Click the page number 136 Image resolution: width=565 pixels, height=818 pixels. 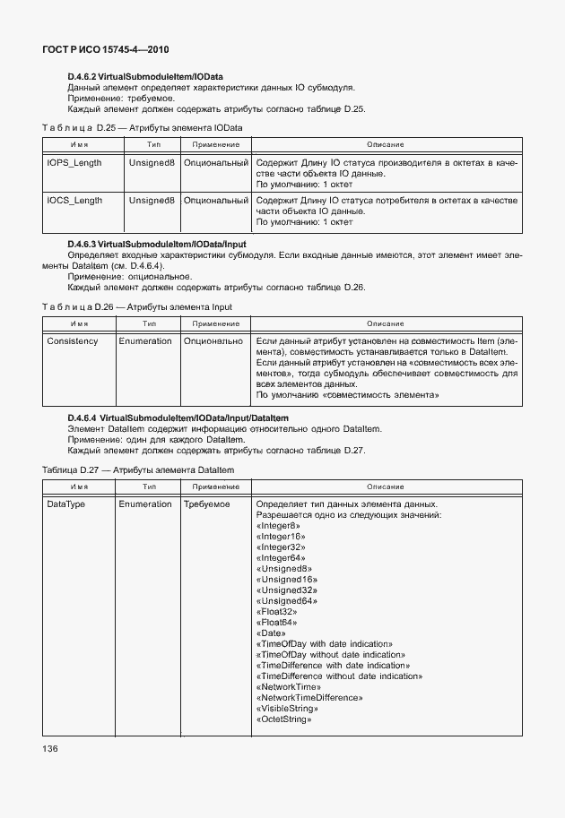[50, 747]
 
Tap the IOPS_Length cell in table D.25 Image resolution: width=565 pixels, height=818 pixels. [74, 163]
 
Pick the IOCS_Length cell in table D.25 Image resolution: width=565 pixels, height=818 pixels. [74, 200]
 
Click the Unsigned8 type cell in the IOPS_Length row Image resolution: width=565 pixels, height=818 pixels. [152, 163]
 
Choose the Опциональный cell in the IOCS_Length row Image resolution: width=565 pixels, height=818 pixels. [216, 200]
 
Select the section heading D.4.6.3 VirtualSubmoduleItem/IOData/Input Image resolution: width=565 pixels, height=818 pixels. [157, 244]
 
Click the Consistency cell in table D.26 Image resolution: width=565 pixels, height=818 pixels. [73, 341]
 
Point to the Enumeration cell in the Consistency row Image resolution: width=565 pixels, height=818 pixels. [145, 341]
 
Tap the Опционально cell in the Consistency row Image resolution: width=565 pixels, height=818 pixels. [213, 341]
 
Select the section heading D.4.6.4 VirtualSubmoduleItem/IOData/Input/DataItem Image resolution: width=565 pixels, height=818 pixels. [178, 418]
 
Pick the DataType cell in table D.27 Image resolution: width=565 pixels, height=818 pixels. [66, 504]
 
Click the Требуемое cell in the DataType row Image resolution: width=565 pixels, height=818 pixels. [207, 504]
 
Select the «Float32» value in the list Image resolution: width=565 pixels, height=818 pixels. [278, 611]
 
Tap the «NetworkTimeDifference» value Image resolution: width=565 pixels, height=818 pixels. [309, 697]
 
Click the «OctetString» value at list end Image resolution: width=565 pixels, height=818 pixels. [284, 719]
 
